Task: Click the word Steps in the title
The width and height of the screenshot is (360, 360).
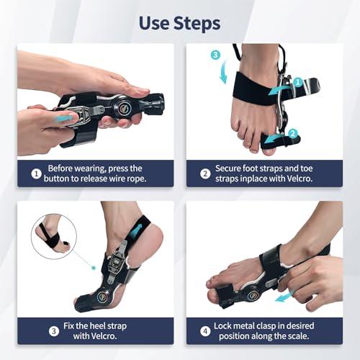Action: (x=197, y=24)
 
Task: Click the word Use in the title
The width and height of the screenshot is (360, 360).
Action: (x=153, y=23)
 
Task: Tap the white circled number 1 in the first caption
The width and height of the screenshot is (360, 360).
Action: (x=37, y=174)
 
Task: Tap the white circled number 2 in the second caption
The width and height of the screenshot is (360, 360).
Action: (x=205, y=174)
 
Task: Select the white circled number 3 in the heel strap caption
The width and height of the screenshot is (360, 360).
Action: (x=54, y=331)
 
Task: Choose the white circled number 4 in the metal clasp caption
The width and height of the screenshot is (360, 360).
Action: (x=205, y=331)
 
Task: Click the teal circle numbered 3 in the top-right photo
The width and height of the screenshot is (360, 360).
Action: (x=215, y=55)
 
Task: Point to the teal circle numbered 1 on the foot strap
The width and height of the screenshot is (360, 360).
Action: (x=298, y=82)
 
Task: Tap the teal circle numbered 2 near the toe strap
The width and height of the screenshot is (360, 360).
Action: (x=292, y=133)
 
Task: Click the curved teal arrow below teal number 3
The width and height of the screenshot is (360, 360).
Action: (x=224, y=72)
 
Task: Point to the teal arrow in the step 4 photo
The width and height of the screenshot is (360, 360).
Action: (x=283, y=297)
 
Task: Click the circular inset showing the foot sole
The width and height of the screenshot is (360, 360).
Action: (x=54, y=237)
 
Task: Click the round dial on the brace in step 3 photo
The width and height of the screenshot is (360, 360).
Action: (x=103, y=297)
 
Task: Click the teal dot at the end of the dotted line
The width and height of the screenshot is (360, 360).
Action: (x=94, y=267)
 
